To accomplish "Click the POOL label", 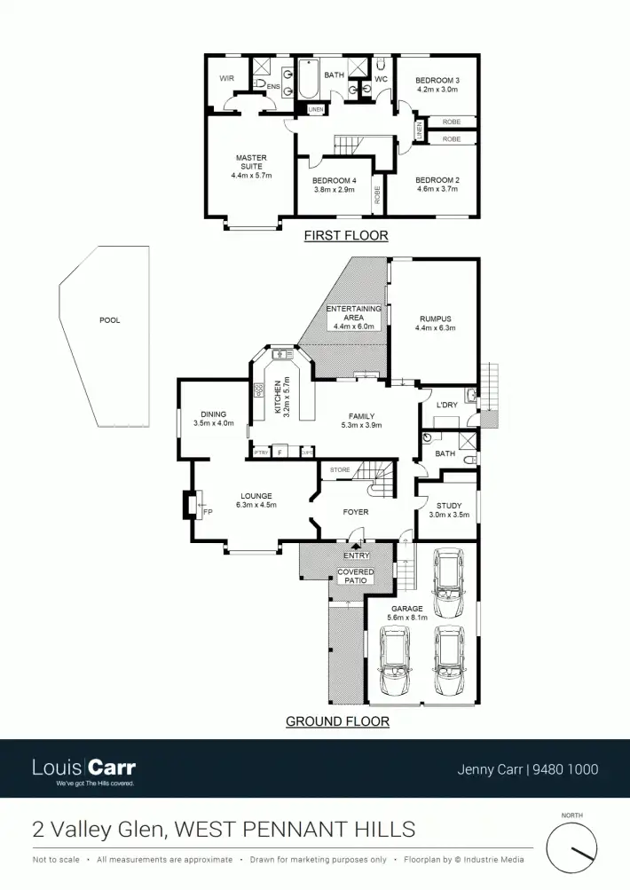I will [x=109, y=320].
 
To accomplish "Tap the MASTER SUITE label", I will [x=251, y=158].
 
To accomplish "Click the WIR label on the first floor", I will [x=226, y=78].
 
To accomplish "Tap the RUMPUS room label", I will [x=435, y=319].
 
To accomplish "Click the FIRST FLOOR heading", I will [x=346, y=236].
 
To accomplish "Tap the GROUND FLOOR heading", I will [x=337, y=721].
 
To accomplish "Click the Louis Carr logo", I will [x=84, y=768].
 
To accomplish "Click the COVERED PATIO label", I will [x=356, y=577].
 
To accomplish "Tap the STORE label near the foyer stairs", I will [x=340, y=469].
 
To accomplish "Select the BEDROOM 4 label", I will [x=334, y=180].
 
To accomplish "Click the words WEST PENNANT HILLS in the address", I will [x=295, y=830].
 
